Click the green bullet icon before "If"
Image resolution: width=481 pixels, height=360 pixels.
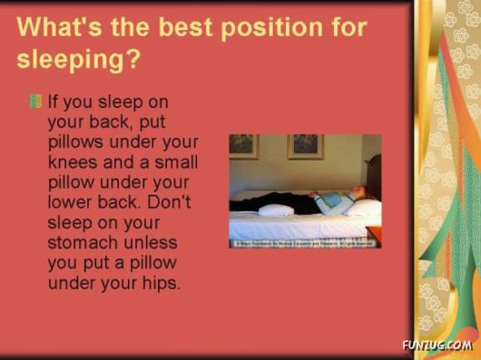(x=34, y=100)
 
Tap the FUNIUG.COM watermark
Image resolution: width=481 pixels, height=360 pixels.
(x=436, y=345)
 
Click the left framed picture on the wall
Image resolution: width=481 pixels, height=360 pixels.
(x=244, y=147)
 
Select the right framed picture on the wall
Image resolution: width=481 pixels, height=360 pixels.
(x=305, y=146)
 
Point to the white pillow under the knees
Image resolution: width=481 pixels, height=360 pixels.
(x=275, y=209)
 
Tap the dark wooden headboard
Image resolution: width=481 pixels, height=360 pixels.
(x=373, y=177)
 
